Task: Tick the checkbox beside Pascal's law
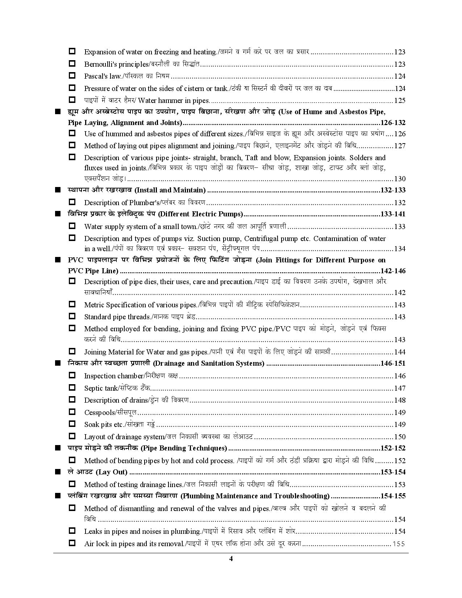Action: coord(72,76)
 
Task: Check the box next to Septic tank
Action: coord(72,387)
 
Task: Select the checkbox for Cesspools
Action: coord(72,412)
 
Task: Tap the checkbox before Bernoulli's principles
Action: coord(72,63)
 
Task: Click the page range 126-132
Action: coord(393,122)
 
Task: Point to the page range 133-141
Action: coord(393,214)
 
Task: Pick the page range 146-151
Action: coord(393,364)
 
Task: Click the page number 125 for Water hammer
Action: coord(400,100)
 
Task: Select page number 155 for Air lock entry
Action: coord(399,544)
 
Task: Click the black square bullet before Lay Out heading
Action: coord(57,472)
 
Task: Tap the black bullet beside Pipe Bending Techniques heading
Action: coord(57,448)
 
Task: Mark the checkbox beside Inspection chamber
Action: coord(72,375)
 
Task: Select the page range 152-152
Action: coord(393,448)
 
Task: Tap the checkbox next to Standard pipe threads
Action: coord(72,316)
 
